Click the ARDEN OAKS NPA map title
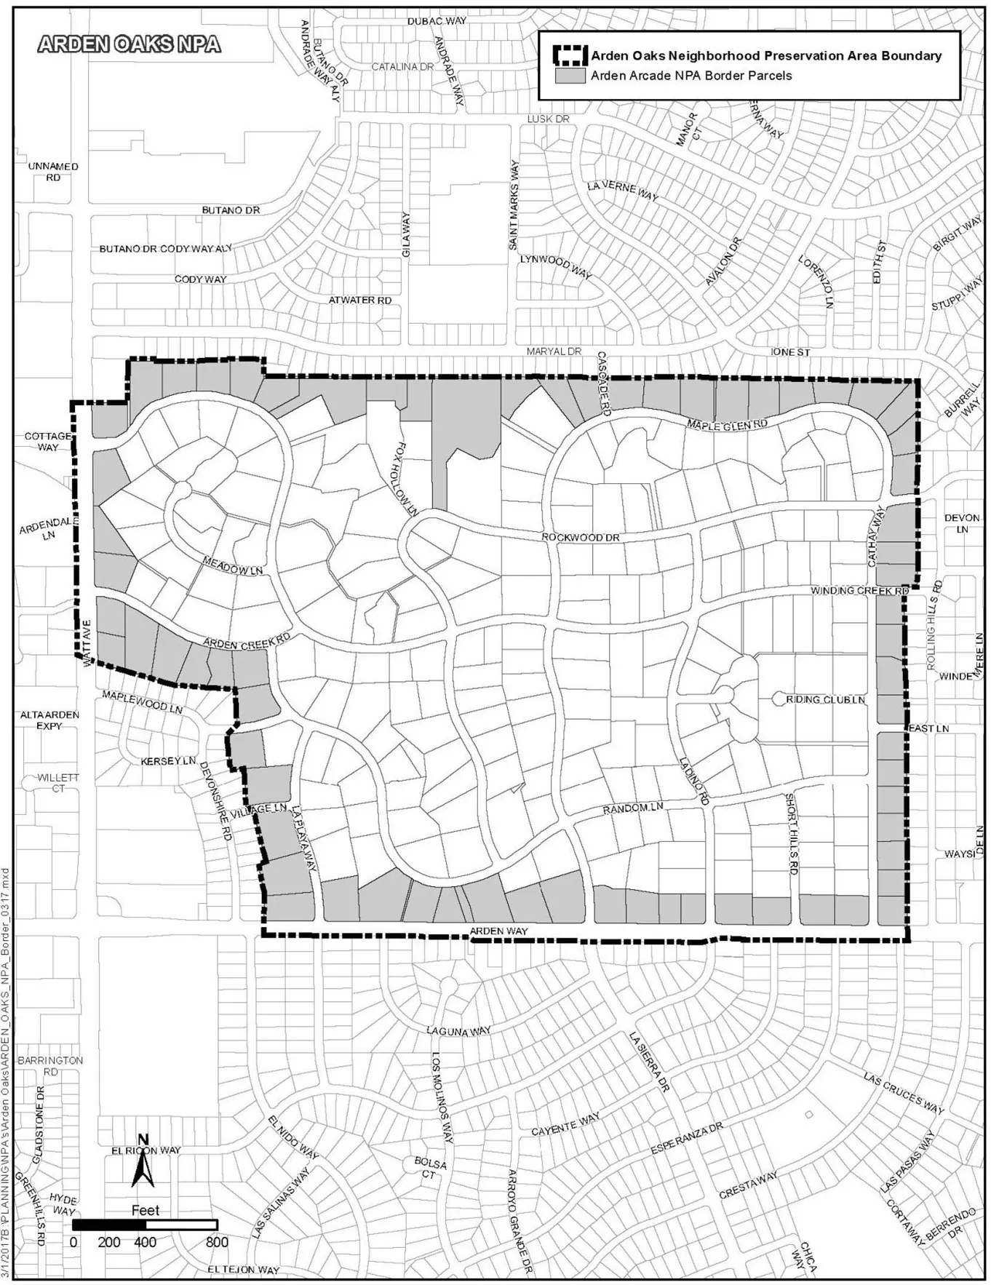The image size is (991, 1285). tap(129, 44)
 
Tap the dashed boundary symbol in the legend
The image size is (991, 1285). tap(570, 55)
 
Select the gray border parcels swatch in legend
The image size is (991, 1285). tap(570, 75)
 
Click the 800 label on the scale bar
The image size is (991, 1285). tap(217, 1242)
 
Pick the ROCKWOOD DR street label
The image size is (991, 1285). tap(581, 537)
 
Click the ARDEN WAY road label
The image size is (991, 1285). tap(498, 931)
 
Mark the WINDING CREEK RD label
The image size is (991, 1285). tap(860, 591)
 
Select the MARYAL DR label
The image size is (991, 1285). tap(554, 351)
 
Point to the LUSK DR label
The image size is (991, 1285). tap(548, 119)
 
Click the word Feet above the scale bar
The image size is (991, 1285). tap(146, 1210)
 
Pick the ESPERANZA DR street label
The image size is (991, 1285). tap(686, 1137)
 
